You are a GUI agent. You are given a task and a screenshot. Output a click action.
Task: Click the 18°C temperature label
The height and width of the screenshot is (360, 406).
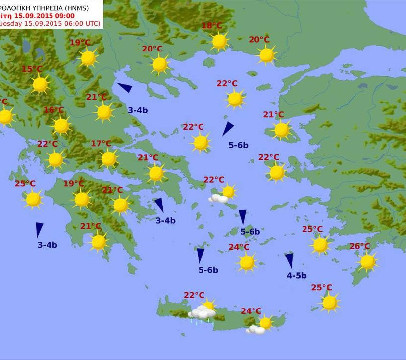212,26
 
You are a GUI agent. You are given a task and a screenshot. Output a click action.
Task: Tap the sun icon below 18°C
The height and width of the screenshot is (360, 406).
219,41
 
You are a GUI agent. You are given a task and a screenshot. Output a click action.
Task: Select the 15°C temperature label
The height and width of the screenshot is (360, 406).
32,69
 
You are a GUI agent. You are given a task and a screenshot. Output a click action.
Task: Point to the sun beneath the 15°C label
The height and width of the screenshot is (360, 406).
40,85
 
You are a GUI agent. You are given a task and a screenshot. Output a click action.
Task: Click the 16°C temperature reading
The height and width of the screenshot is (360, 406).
53,110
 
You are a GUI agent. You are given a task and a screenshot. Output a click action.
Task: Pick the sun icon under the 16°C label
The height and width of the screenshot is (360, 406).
61,126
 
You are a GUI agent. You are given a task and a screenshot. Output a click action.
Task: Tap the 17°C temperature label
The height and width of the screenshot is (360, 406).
101,144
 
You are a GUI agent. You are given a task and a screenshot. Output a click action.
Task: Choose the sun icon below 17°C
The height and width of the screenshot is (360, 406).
108,159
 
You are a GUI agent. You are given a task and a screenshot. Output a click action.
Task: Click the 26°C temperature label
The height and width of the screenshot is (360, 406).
359,246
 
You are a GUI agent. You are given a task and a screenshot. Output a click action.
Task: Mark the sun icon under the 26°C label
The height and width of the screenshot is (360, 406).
367,262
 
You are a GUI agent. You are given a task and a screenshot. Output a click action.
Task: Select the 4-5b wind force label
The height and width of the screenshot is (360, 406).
297,276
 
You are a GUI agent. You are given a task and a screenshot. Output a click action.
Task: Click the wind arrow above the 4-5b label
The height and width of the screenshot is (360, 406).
289,260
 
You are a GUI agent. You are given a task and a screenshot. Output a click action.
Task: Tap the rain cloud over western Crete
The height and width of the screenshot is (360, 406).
202,313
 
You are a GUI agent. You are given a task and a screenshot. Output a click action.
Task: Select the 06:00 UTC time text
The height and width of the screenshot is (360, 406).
80,23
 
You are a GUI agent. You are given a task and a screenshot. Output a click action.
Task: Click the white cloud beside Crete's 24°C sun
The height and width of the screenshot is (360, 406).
255,329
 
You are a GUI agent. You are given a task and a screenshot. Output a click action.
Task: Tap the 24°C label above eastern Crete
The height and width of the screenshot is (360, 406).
251,311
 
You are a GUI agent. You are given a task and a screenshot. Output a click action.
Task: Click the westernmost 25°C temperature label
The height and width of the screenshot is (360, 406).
25,184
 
